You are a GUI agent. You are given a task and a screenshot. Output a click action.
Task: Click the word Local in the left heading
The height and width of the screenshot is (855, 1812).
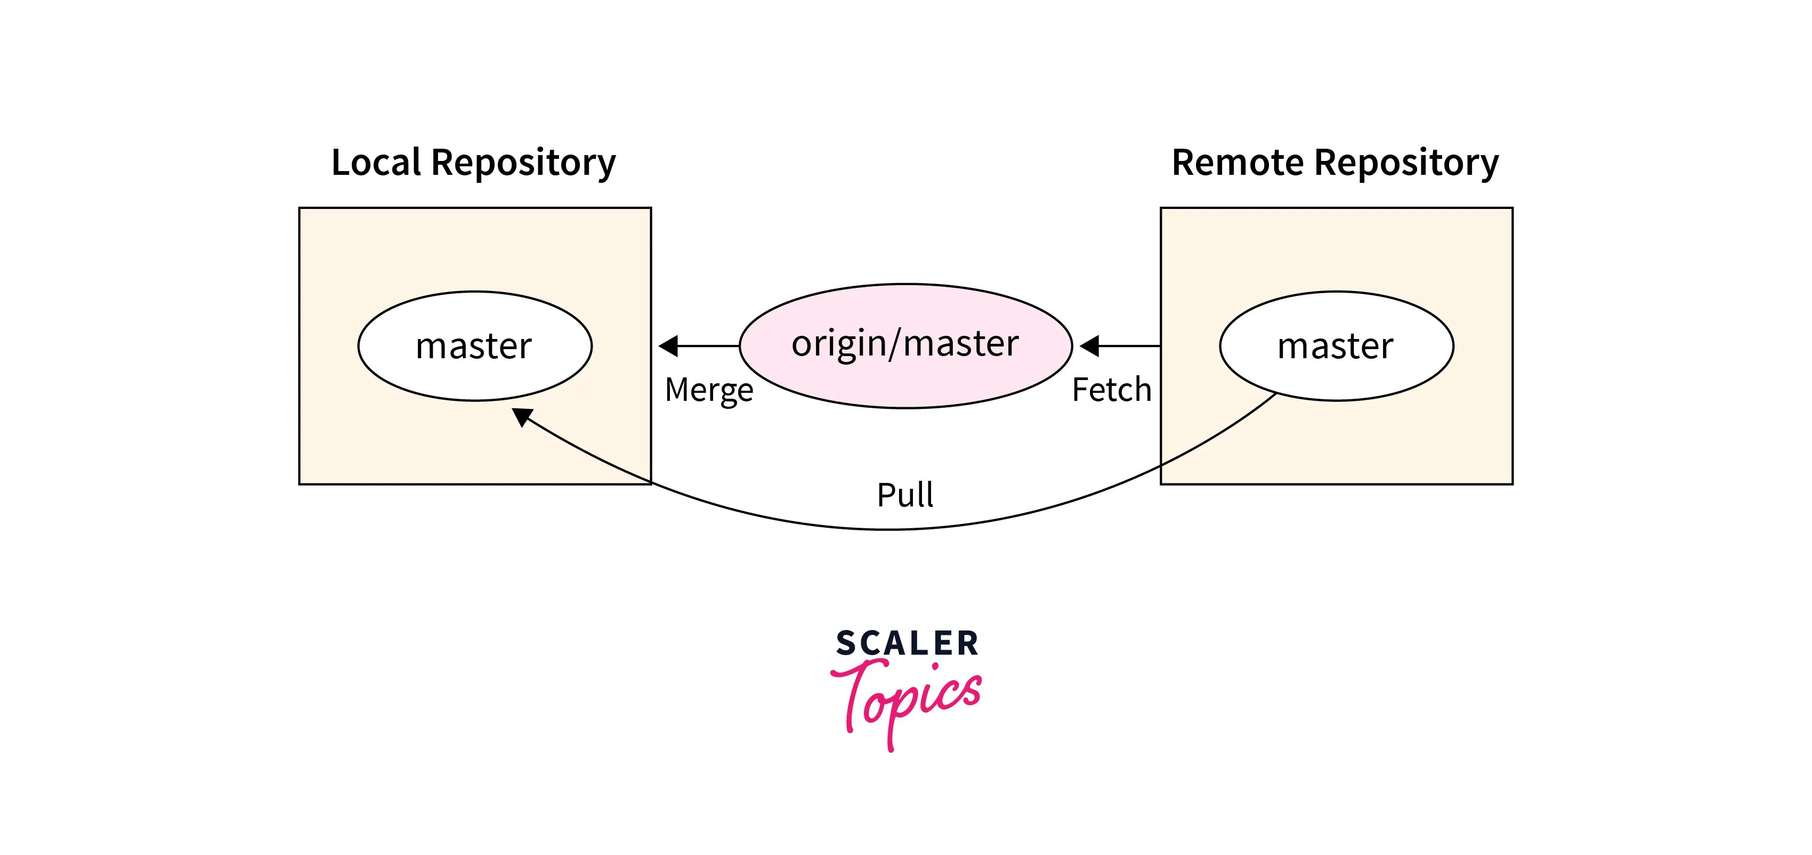click(376, 163)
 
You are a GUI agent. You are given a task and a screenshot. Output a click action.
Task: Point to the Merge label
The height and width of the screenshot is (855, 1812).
click(709, 390)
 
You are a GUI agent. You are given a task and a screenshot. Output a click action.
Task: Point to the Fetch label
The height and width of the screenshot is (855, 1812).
click(1111, 390)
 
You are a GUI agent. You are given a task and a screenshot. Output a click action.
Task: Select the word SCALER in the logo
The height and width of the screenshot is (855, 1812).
click(907, 643)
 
